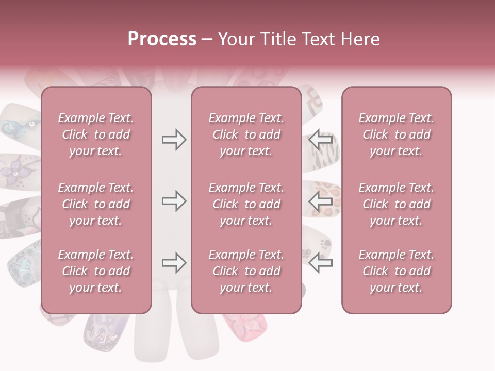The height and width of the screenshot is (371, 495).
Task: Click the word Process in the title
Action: pyautogui.click(x=162, y=39)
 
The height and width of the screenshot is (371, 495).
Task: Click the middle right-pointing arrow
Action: pyautogui.click(x=174, y=201)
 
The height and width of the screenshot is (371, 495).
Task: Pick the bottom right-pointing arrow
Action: pyautogui.click(x=174, y=263)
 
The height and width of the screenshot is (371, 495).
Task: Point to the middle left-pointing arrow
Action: pyautogui.click(x=321, y=201)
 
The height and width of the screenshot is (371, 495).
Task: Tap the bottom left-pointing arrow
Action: pyautogui.click(x=321, y=263)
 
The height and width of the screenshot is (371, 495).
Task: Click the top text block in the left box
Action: pyautogui.click(x=96, y=134)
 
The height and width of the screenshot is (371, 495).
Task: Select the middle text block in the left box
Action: pyautogui.click(x=96, y=204)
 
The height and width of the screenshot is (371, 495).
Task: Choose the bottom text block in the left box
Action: pyautogui.click(x=96, y=271)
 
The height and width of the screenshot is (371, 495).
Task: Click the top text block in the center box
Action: pyautogui.click(x=246, y=134)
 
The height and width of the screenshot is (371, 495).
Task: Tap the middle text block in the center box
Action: pyautogui.click(x=246, y=204)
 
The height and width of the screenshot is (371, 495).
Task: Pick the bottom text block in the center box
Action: pyautogui.click(x=246, y=271)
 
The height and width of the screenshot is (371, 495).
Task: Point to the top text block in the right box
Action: pyautogui.click(x=396, y=134)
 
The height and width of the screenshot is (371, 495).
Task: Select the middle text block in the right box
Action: pyautogui.click(x=396, y=204)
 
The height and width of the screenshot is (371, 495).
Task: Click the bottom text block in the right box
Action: pyautogui.click(x=396, y=271)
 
